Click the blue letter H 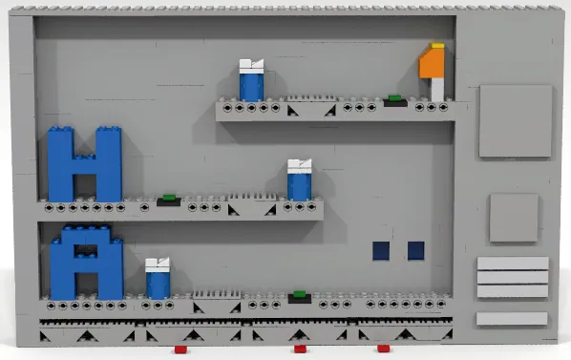[x=84, y=164]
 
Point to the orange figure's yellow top [x=436, y=45]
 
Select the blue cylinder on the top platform [x=251, y=85]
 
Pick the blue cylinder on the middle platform [x=300, y=184]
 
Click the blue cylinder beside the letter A [x=158, y=283]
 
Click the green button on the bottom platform [x=299, y=295]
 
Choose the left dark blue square [x=381, y=251]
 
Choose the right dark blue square [x=415, y=251]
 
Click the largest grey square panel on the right [x=515, y=121]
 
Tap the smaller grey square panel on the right [x=514, y=218]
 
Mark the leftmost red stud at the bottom [x=194, y=349]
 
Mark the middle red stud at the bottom [x=299, y=349]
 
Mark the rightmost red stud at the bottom [x=383, y=349]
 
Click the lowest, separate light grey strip [x=512, y=318]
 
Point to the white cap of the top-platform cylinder [x=251, y=66]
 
